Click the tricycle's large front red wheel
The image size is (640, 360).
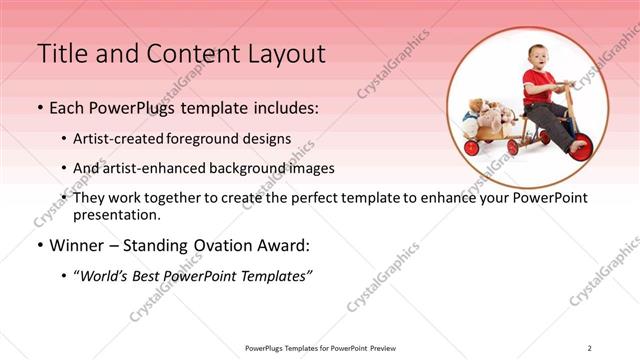click(x=580, y=146)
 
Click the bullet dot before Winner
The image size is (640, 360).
click(x=40, y=246)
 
